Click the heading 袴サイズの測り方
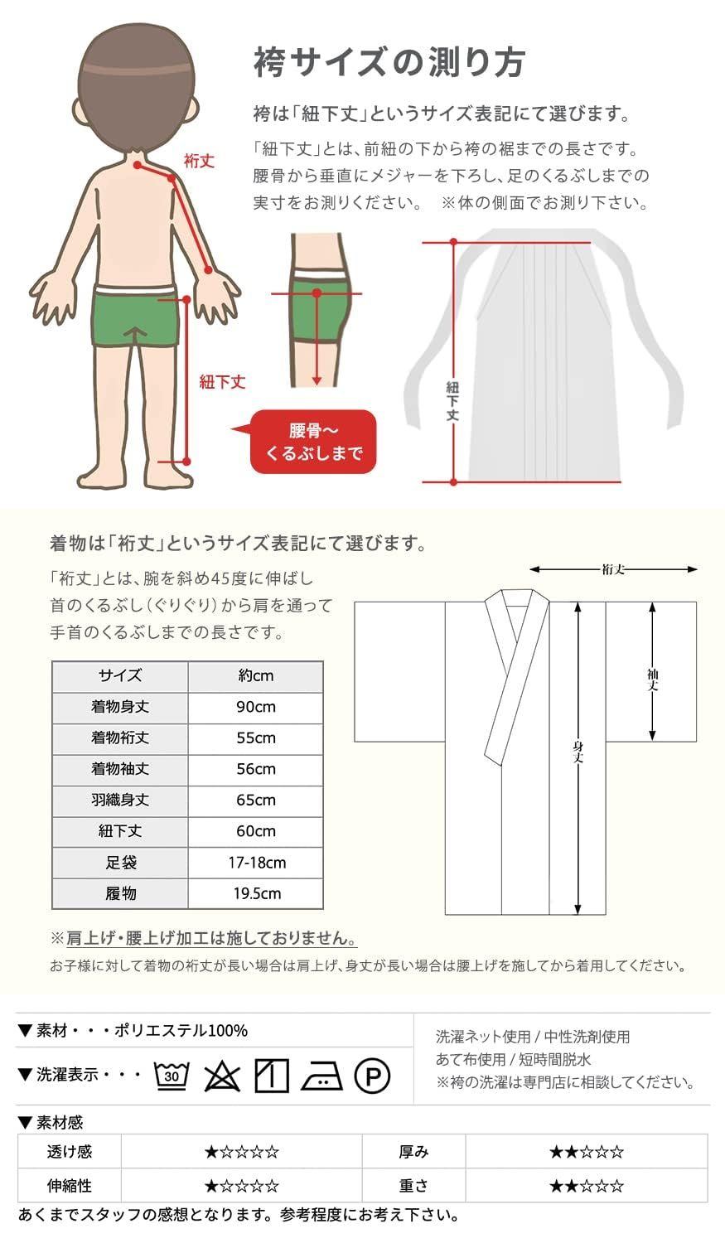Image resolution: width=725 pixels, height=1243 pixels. click(x=389, y=63)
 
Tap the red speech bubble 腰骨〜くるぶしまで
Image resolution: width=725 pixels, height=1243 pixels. click(x=313, y=442)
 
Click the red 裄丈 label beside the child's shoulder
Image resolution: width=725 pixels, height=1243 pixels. click(x=199, y=161)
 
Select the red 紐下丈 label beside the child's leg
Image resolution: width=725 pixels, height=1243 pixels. click(x=222, y=382)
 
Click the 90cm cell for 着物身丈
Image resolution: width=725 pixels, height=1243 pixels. click(x=255, y=707)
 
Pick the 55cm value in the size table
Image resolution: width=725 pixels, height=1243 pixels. click(x=255, y=738)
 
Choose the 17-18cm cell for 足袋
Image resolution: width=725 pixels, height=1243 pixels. click(x=257, y=862)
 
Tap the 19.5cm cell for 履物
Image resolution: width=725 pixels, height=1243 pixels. click(x=256, y=893)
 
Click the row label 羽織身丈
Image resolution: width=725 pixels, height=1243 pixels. click(x=120, y=800)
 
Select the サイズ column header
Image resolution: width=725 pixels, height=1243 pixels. click(x=120, y=675)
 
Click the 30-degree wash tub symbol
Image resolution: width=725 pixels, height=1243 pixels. click(x=172, y=1076)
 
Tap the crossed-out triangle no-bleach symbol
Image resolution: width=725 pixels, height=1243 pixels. click(x=221, y=1076)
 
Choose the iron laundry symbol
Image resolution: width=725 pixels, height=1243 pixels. click(x=321, y=1076)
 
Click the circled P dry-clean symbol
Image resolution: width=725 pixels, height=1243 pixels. click(x=372, y=1076)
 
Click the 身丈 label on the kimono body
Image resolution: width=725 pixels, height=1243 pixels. click(x=578, y=752)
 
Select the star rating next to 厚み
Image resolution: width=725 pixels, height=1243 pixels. click(x=586, y=1152)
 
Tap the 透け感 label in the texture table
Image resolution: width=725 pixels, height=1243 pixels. click(x=70, y=1152)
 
